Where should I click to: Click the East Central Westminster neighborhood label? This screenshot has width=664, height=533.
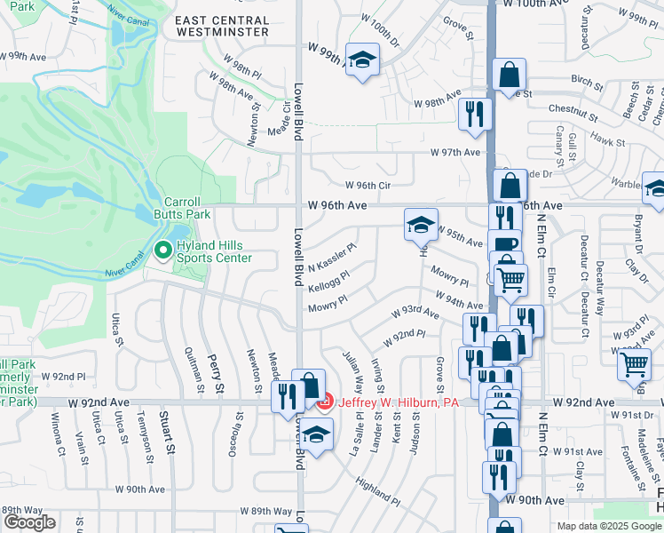tap(221, 25)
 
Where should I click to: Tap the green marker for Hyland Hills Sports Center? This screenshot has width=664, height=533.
tap(162, 251)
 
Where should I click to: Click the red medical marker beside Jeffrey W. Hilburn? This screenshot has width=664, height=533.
tap(325, 402)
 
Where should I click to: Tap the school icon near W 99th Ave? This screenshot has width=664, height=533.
tap(361, 60)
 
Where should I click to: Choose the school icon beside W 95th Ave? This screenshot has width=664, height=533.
tap(421, 225)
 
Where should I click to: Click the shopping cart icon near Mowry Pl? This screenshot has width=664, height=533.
tap(510, 280)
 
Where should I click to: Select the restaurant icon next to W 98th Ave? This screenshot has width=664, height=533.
tap(475, 114)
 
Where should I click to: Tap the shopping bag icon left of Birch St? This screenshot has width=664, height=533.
tap(510, 76)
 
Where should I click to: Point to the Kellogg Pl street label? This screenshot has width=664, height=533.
tap(328, 282)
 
